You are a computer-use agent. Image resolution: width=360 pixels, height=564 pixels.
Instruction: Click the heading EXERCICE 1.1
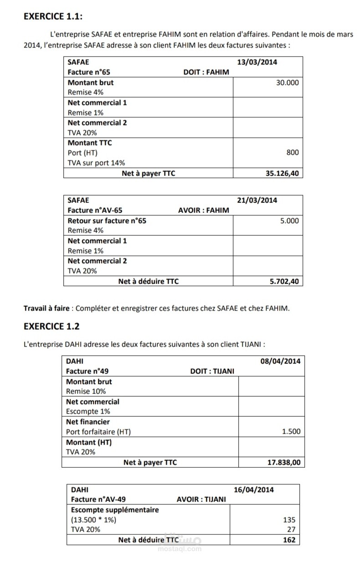coord(53,16)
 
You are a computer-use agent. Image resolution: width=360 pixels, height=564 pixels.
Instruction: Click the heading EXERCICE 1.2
coord(51,326)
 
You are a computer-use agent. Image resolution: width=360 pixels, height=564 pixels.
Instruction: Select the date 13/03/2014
coord(257,62)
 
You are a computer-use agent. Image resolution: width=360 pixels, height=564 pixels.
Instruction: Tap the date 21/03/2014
coord(257,200)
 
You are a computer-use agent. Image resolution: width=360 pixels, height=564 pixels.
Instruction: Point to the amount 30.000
coord(288,83)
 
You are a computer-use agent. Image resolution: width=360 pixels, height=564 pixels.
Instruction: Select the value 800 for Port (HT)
coord(293,153)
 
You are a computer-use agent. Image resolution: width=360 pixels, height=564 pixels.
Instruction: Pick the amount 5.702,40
coord(284,281)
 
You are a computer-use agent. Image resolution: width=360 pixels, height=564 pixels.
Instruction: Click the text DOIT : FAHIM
coord(206,72)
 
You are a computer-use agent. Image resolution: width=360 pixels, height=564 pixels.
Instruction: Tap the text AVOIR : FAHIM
coord(203,210)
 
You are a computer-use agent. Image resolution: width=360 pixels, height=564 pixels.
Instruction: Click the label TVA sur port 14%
coord(96,163)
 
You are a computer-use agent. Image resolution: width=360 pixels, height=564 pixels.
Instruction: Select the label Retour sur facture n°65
coord(107,221)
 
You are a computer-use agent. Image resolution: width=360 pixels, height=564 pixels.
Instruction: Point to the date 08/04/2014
coord(280,361)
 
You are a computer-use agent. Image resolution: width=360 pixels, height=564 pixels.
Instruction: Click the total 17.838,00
coord(283,462)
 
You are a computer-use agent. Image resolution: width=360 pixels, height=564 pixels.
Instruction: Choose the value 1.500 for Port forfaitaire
coord(291,432)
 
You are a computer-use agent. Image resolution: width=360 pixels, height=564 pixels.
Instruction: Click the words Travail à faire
coord(46,308)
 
